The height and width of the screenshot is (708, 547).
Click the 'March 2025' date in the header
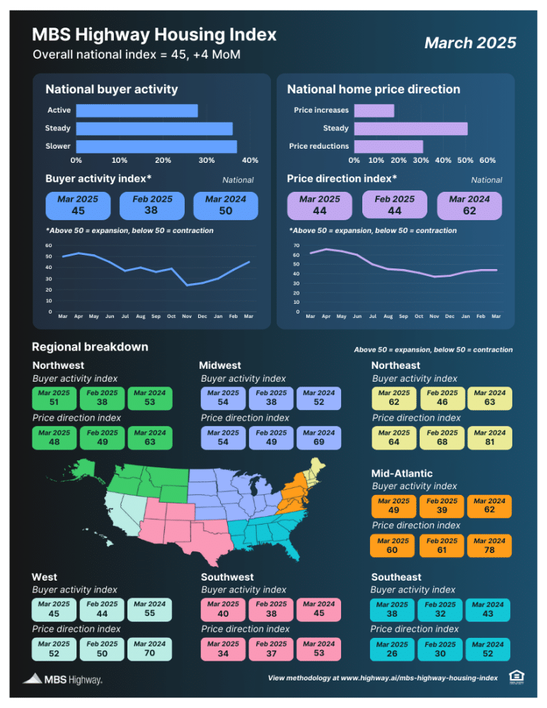(470, 43)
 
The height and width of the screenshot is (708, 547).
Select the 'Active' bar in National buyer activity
(137, 110)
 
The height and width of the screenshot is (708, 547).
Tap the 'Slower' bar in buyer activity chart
(156, 147)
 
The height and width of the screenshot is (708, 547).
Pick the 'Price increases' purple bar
(374, 110)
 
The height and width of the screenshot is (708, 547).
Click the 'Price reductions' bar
(388, 147)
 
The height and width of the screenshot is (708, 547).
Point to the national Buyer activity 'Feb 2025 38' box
(152, 205)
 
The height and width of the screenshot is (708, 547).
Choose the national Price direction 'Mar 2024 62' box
(469, 205)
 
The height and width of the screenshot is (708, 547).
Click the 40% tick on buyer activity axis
(250, 160)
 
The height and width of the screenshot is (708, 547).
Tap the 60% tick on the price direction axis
(488, 160)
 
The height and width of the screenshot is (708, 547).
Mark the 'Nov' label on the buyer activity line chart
(187, 316)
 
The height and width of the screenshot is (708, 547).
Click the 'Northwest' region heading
(58, 365)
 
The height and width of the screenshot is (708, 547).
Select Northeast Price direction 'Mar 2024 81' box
(490, 438)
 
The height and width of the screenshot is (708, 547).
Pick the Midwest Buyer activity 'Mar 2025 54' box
(223, 398)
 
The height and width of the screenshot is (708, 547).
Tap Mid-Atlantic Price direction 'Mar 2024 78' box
(489, 545)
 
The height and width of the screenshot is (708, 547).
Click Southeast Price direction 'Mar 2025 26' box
(392, 649)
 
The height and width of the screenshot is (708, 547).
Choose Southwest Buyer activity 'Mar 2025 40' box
(223, 610)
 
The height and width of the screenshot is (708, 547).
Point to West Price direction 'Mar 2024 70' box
(149, 649)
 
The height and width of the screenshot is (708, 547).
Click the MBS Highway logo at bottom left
(63, 679)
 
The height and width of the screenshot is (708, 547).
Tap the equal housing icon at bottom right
(517, 677)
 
